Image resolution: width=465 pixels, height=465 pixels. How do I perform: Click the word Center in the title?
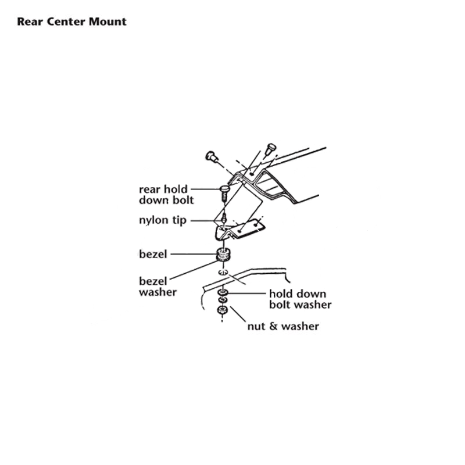pyautogui.click(x=67, y=22)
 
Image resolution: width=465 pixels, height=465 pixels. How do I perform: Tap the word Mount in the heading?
pyautogui.click(x=108, y=22)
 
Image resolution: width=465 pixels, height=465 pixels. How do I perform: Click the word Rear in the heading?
pyautogui.click(x=31, y=22)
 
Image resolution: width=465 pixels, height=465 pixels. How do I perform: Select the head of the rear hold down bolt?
pyautogui.click(x=224, y=188)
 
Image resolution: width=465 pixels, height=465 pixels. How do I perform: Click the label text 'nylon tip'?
pyautogui.click(x=163, y=220)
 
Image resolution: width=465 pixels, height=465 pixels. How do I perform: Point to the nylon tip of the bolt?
pyautogui.click(x=224, y=220)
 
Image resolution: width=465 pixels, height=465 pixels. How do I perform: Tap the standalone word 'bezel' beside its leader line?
pyautogui.click(x=153, y=254)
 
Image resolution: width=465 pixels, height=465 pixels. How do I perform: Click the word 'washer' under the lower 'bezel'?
pyautogui.click(x=158, y=292)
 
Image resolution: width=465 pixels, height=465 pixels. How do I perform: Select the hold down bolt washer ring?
pyautogui.click(x=223, y=293)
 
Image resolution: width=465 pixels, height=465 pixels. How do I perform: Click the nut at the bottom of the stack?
pyautogui.click(x=223, y=310)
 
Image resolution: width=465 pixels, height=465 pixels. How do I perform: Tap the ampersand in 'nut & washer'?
pyautogui.click(x=273, y=326)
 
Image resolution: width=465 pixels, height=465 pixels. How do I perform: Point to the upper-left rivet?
pyautogui.click(x=211, y=156)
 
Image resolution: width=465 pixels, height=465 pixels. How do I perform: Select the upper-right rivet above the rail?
pyautogui.click(x=270, y=149)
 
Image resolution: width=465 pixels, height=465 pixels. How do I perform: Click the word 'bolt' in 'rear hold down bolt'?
pyautogui.click(x=183, y=200)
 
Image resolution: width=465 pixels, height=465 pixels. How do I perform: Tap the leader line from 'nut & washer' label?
pyautogui.click(x=238, y=314)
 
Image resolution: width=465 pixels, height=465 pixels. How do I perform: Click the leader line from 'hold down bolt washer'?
pyautogui.click(x=246, y=294)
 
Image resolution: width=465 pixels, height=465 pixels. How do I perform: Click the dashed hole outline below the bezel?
pyautogui.click(x=223, y=272)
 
